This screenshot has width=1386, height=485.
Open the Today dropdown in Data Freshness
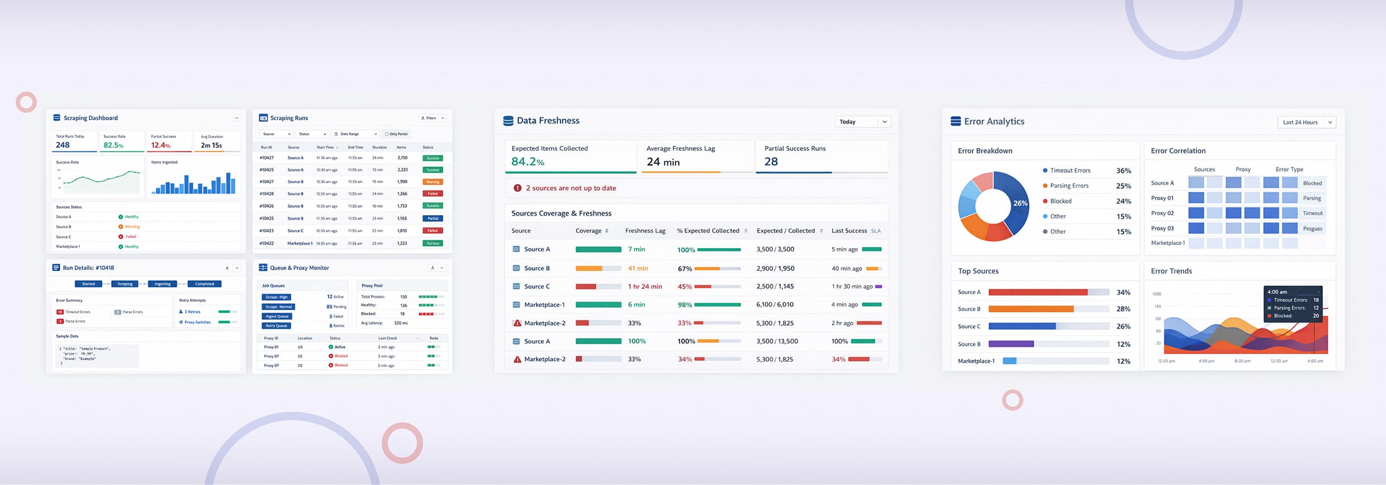tap(863, 122)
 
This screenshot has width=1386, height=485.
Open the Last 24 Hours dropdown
tap(1306, 122)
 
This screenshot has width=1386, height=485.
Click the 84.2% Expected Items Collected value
tap(527, 161)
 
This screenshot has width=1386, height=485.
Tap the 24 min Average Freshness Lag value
tap(663, 161)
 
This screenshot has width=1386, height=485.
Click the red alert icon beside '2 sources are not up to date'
tap(518, 188)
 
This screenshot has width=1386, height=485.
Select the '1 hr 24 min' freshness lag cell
tap(644, 287)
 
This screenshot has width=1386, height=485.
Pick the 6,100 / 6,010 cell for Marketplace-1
tap(775, 305)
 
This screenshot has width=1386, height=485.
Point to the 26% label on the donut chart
tap(1020, 203)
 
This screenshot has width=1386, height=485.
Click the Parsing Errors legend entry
tap(1069, 186)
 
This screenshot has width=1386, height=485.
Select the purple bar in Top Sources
tap(1011, 344)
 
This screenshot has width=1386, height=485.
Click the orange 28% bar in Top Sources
tap(1031, 309)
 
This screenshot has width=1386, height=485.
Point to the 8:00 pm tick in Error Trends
tap(1242, 361)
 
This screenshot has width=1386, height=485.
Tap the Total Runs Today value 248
tap(63, 145)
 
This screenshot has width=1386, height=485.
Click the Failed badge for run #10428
tap(433, 194)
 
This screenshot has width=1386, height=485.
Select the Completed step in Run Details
tap(204, 284)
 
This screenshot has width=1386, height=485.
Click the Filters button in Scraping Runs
tap(429, 118)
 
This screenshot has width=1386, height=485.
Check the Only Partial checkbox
tap(386, 134)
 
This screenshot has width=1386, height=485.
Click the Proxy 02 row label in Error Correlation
tap(1162, 213)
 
